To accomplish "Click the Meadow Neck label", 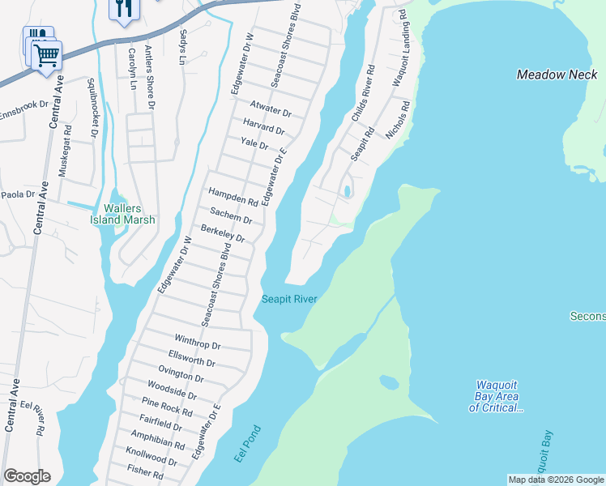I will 557,75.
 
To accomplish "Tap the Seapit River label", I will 288,299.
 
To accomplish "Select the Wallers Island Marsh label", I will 122,213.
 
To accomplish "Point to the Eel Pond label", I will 248,445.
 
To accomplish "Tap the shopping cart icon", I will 47,55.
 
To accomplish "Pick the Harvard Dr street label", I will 264,127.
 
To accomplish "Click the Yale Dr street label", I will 254,143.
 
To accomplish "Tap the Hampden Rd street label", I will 233,197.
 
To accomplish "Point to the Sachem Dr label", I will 231,215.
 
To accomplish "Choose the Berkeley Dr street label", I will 223,234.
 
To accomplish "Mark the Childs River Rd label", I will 363,94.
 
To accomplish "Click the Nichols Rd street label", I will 398,120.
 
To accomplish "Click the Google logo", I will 27,476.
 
